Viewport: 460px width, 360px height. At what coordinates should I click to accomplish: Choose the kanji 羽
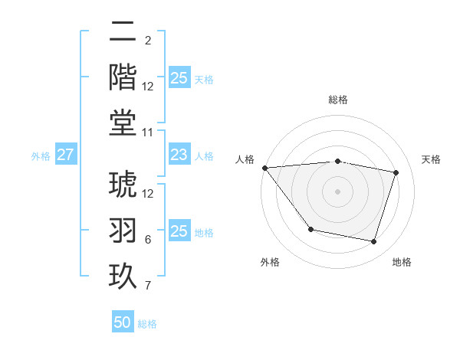123,231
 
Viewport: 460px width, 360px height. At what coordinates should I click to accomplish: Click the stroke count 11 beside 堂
149,133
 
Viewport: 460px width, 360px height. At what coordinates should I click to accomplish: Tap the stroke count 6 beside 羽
148,240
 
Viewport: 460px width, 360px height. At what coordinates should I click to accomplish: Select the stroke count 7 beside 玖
148,286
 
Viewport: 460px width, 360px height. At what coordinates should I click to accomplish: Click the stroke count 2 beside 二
148,41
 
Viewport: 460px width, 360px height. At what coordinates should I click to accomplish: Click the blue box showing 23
179,155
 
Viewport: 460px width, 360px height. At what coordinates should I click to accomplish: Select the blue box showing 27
66,155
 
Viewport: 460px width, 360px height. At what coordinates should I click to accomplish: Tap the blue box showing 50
123,322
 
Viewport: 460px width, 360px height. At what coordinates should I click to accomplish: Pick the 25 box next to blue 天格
179,78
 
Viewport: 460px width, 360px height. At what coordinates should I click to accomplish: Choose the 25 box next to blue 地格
179,231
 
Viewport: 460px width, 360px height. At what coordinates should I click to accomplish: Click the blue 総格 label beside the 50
147,324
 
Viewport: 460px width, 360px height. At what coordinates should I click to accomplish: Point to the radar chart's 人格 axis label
245,159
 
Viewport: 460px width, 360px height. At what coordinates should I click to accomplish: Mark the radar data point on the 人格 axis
264,168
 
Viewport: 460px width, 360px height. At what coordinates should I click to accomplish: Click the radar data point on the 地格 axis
374,242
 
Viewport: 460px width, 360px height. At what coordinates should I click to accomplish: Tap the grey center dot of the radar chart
337,191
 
